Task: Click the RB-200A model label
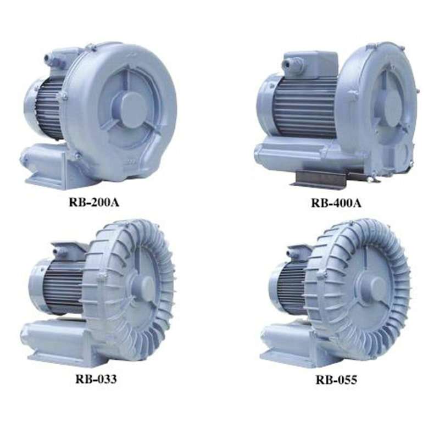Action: [94, 202]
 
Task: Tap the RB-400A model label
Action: [336, 203]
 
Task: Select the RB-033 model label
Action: [96, 379]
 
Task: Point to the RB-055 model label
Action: [336, 380]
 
